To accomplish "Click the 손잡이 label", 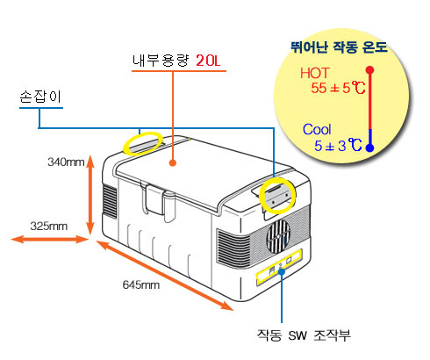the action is pyautogui.click(x=40, y=97).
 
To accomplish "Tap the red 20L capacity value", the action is pyautogui.click(x=208, y=61).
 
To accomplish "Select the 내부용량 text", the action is pyautogui.click(x=161, y=61).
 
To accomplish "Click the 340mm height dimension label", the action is pyautogui.click(x=66, y=162).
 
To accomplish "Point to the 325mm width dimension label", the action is pyautogui.click(x=49, y=226).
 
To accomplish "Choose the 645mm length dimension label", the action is pyautogui.click(x=141, y=284).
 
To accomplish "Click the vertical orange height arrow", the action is pyautogui.click(x=90, y=195).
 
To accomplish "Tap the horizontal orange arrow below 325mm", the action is pyautogui.click(x=49, y=239).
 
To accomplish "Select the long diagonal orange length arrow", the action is pyautogui.click(x=164, y=276).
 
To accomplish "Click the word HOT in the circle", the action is pyautogui.click(x=315, y=73).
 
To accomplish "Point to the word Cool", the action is pyautogui.click(x=317, y=129).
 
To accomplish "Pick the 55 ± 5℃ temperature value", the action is pyautogui.click(x=338, y=88).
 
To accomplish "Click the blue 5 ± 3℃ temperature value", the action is pyautogui.click(x=338, y=145).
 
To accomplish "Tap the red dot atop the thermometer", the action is pyautogui.click(x=370, y=70).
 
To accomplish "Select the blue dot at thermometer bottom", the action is pyautogui.click(x=370, y=148).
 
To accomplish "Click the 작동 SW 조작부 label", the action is pyautogui.click(x=304, y=335).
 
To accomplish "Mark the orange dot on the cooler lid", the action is pyautogui.click(x=173, y=162).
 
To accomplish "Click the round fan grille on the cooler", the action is pyautogui.click(x=278, y=237).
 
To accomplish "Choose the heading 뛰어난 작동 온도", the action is pyautogui.click(x=339, y=47).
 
